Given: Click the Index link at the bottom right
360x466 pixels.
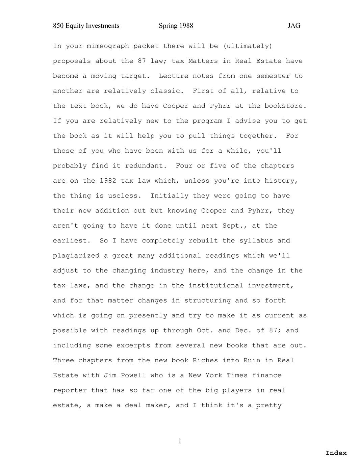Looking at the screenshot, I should [x=336, y=453].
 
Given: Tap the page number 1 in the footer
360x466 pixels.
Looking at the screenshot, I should [x=180, y=441].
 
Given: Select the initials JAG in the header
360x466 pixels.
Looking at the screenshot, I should [x=294, y=26].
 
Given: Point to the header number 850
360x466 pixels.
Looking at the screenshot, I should [x=58, y=26].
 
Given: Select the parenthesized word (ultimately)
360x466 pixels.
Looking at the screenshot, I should [x=248, y=46].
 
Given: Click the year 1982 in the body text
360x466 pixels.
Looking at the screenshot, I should [x=108, y=181].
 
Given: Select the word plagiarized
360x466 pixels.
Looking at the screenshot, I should [x=76, y=256].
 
